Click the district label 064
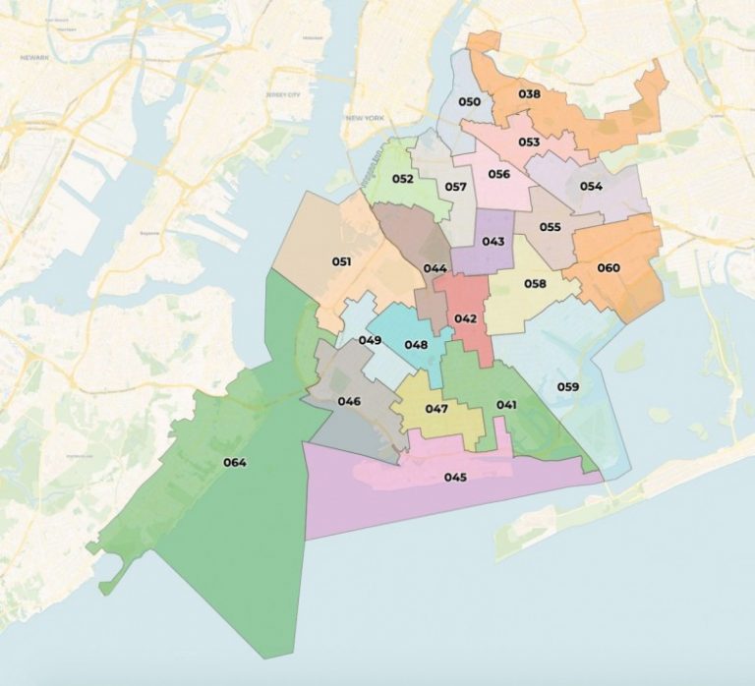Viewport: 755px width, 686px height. (x=234, y=463)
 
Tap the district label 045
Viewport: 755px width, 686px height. (x=454, y=478)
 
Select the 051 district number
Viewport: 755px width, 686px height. (x=341, y=261)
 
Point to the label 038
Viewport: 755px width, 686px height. (x=529, y=94)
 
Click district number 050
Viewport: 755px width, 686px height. (x=470, y=102)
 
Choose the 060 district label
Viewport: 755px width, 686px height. (x=609, y=267)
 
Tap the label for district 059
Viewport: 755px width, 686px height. (x=567, y=386)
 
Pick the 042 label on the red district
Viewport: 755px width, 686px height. (x=465, y=318)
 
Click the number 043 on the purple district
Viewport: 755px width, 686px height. (x=494, y=242)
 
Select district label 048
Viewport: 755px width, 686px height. (x=416, y=345)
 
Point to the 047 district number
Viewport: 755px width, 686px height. (x=436, y=409)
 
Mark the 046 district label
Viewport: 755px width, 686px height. (x=349, y=401)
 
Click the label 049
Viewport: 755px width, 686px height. (x=370, y=340)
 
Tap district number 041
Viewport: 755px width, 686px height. (x=506, y=405)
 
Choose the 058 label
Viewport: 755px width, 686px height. (x=535, y=284)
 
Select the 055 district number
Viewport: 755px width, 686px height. (x=550, y=227)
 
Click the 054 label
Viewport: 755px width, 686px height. (x=591, y=186)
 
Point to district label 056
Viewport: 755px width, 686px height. (x=498, y=175)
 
